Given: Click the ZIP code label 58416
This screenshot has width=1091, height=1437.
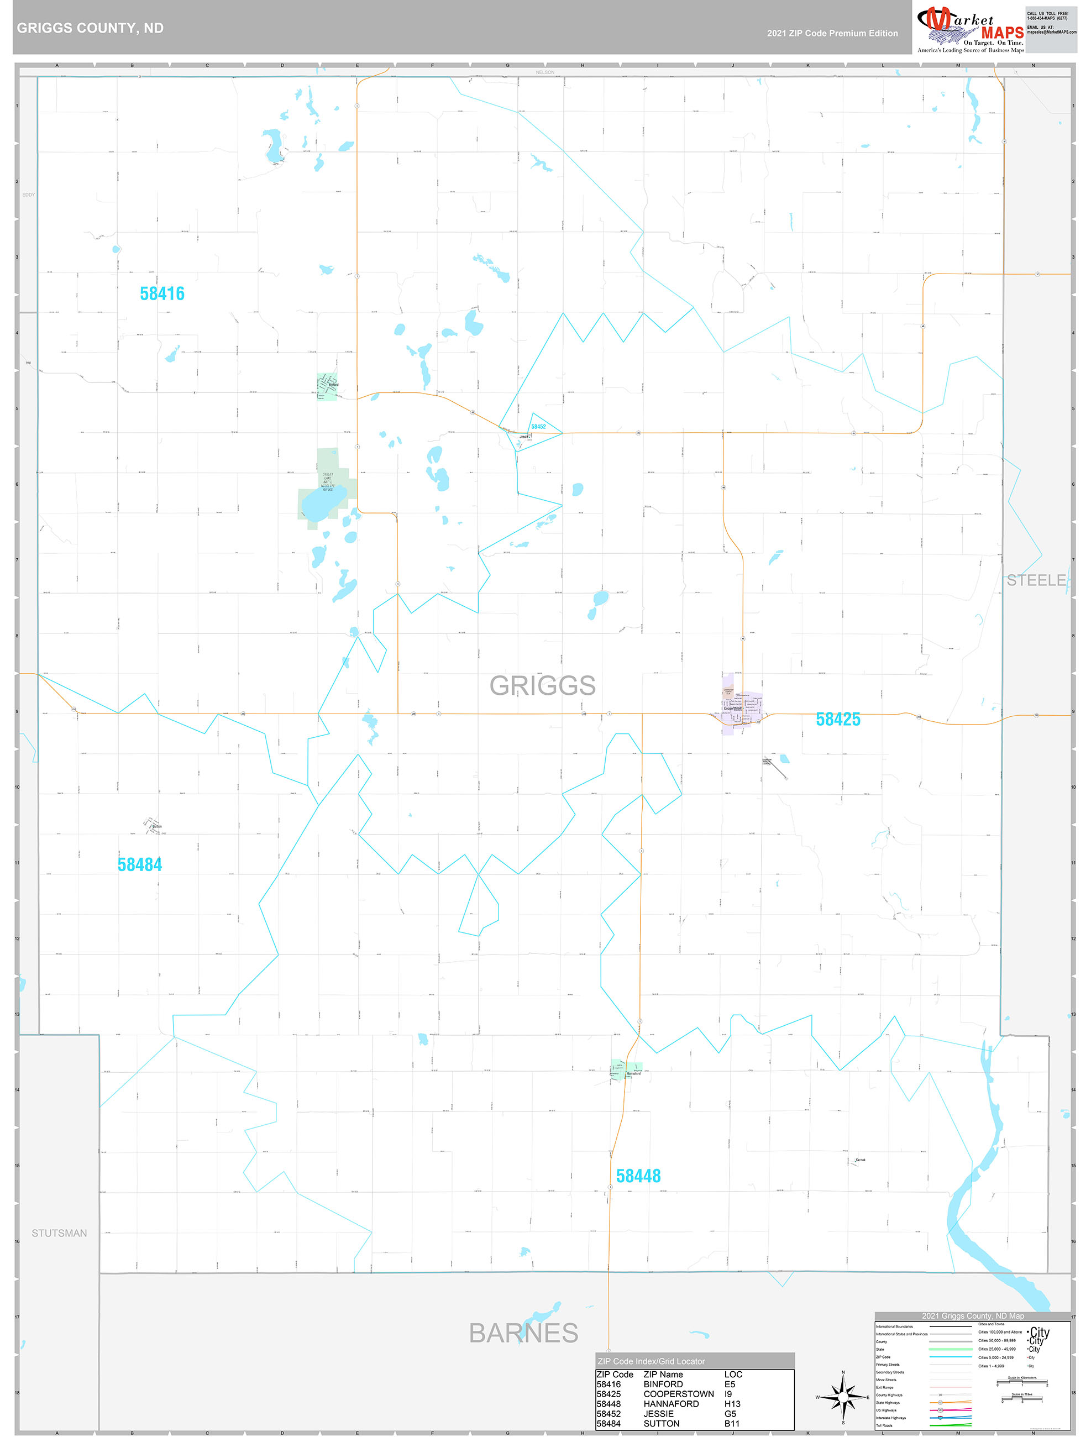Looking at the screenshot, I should click(162, 293).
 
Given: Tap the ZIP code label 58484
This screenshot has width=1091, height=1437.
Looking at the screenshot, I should click(140, 864).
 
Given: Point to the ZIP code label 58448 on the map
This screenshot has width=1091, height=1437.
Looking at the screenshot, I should click(638, 1176).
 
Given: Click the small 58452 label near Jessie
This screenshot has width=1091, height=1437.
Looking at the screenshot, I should click(538, 427).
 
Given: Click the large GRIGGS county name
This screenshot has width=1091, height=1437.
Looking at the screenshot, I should click(542, 685).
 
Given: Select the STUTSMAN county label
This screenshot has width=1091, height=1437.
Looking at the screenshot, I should click(59, 1233).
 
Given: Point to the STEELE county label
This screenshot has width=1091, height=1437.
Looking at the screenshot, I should click(1036, 580).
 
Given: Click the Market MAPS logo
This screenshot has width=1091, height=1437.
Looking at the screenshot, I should click(970, 29).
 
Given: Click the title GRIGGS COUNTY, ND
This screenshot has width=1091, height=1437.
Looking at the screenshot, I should click(90, 28).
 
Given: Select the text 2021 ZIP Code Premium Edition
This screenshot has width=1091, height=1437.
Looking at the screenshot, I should click(832, 33).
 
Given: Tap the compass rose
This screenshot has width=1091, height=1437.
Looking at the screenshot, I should click(843, 1397).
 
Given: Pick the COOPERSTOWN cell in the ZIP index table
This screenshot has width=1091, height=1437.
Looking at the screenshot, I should click(678, 1394).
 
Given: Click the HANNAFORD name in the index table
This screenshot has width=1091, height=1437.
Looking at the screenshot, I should click(671, 1404).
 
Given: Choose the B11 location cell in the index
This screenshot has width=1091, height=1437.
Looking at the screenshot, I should click(732, 1423).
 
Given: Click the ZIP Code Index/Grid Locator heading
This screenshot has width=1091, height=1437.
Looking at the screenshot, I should click(651, 1361).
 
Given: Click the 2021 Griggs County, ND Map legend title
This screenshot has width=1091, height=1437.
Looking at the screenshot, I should click(973, 1315).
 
